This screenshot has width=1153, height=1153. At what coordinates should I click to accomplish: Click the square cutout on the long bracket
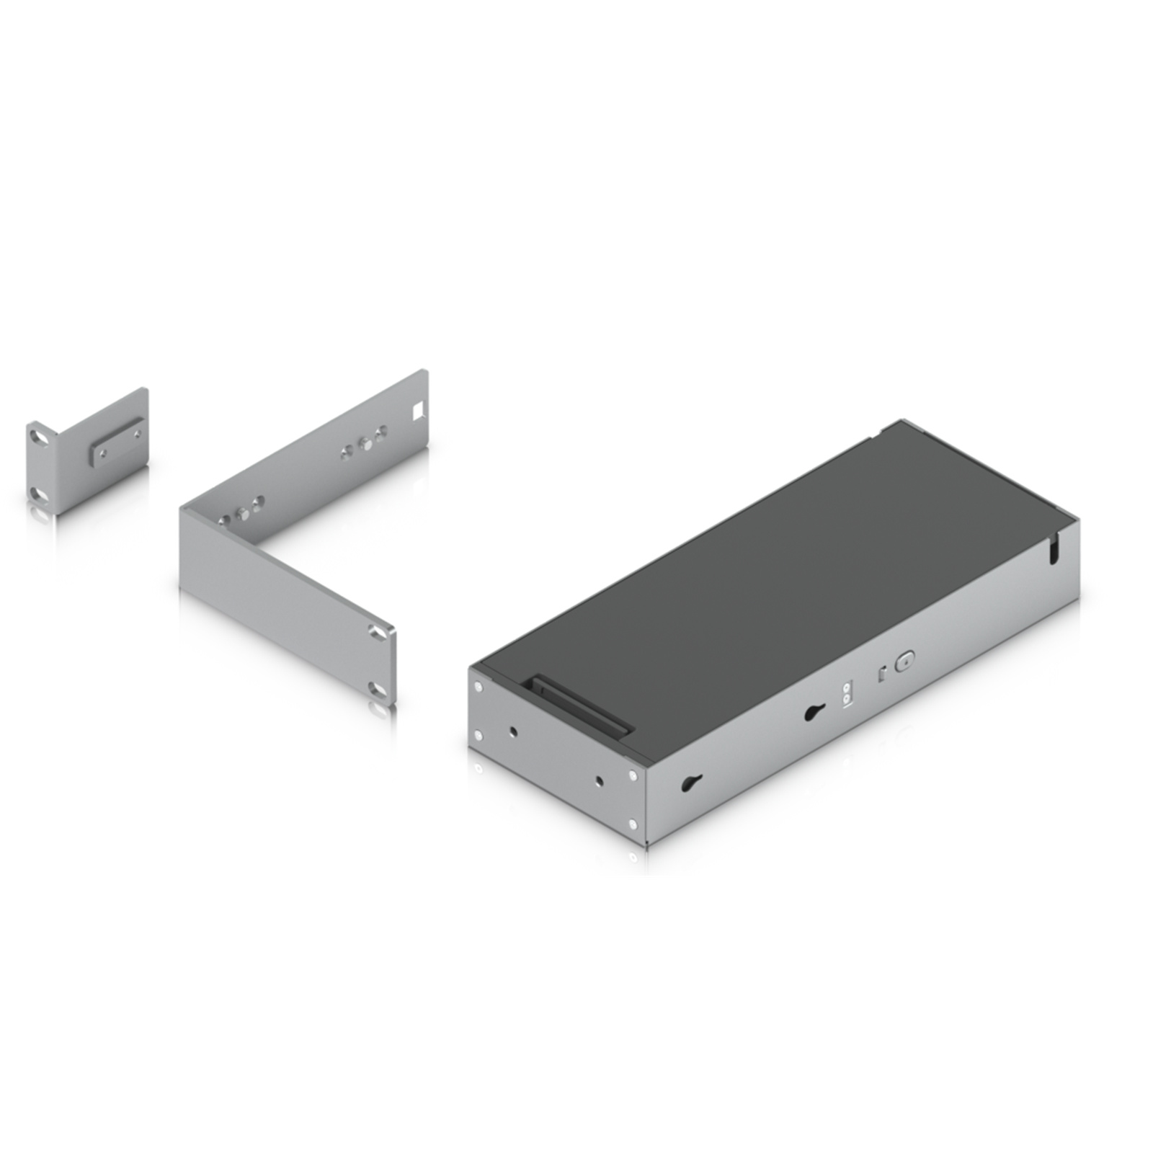(417, 411)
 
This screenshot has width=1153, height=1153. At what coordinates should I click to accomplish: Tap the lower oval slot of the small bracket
(42, 494)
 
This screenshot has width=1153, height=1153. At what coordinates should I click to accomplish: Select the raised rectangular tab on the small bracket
(115, 445)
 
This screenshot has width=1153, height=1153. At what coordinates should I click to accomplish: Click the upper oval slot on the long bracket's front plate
(377, 633)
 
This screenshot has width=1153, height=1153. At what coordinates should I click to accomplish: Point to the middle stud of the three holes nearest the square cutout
(365, 443)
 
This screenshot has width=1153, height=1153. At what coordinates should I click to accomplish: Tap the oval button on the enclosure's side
(904, 661)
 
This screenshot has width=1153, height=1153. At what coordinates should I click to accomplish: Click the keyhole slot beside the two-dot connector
(814, 713)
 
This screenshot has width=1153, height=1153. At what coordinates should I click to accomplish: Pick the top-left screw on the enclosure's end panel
(479, 686)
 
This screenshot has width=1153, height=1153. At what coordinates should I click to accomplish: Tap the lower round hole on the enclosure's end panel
(600, 780)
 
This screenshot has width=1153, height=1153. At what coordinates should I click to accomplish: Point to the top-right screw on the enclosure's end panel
(633, 775)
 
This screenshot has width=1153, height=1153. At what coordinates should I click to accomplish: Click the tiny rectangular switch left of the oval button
(881, 675)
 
